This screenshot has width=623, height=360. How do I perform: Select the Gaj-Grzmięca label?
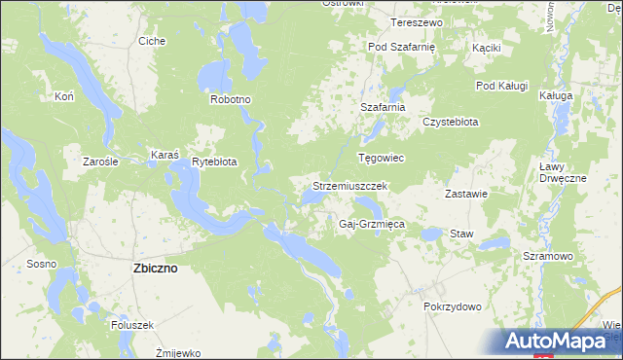[371, 224]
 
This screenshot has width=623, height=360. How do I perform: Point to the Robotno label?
[231, 99]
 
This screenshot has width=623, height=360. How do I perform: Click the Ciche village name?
[152, 41]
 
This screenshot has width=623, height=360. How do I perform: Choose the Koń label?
[65, 97]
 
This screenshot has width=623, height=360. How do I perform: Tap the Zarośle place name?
[100, 162]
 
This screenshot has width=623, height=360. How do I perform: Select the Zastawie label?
[465, 194]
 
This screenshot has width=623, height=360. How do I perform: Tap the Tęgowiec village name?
[381, 158]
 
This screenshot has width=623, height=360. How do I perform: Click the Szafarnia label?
[382, 107]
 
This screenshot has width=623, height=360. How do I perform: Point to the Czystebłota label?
[450, 122]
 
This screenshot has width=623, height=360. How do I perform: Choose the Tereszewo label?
[417, 21]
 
